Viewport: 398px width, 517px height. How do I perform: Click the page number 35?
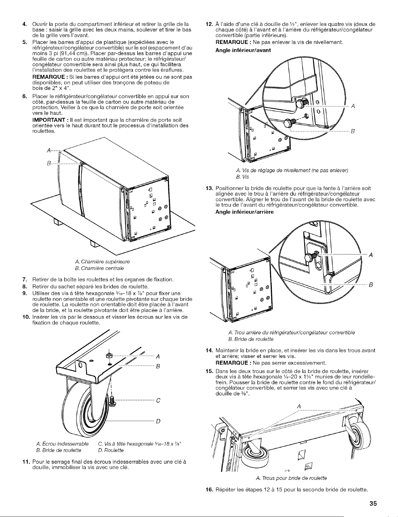click(373, 503)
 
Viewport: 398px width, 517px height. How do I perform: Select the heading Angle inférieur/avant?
click(243, 50)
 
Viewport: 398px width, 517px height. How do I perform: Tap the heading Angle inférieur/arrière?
click(244, 212)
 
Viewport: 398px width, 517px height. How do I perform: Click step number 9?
click(25, 293)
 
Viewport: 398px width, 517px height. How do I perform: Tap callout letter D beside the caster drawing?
click(158, 421)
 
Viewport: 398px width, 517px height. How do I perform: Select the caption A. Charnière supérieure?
click(102, 262)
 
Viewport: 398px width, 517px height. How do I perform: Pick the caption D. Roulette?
click(111, 450)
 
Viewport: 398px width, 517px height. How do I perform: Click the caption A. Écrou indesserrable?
click(62, 444)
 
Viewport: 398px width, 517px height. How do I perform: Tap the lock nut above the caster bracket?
click(108, 355)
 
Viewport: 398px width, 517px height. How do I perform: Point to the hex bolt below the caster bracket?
click(112, 401)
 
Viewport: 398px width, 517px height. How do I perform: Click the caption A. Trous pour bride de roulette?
click(291, 478)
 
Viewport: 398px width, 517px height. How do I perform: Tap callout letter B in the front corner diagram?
click(353, 131)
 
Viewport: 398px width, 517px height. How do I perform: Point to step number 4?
click(25, 24)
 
